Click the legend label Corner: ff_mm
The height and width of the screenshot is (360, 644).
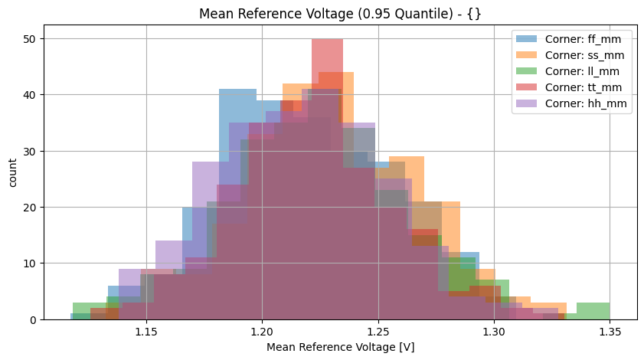coord(587,39)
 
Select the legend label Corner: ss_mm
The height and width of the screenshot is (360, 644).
coord(587,55)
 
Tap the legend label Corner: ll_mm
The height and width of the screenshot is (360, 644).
coord(587,71)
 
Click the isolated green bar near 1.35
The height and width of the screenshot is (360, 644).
coord(593,311)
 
